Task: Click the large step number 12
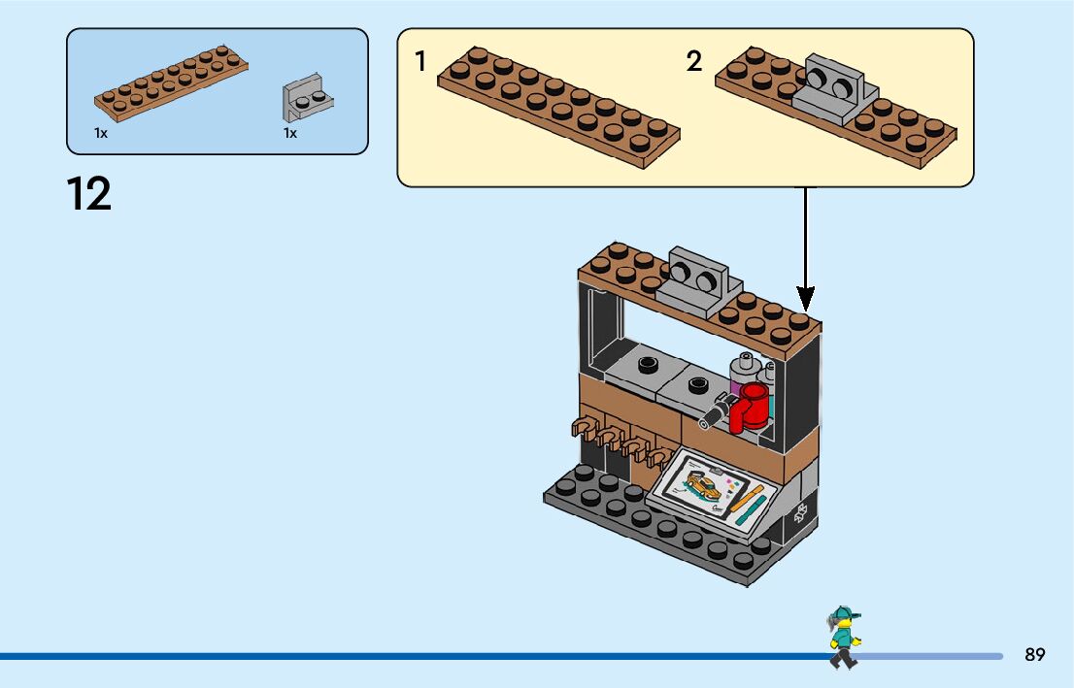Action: pyautogui.click(x=89, y=194)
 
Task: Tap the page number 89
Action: pyautogui.click(x=1034, y=655)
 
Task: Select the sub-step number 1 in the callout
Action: pyautogui.click(x=420, y=62)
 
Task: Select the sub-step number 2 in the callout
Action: pyautogui.click(x=693, y=62)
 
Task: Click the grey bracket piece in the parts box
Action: pyautogui.click(x=307, y=97)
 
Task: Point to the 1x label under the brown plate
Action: pyautogui.click(x=101, y=133)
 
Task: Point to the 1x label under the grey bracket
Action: pyautogui.click(x=290, y=133)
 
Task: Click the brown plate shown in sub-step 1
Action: pyautogui.click(x=558, y=107)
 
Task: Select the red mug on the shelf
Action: pyautogui.click(x=751, y=406)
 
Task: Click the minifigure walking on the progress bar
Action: pyautogui.click(x=843, y=638)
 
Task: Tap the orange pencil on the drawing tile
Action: pyautogui.click(x=749, y=501)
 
